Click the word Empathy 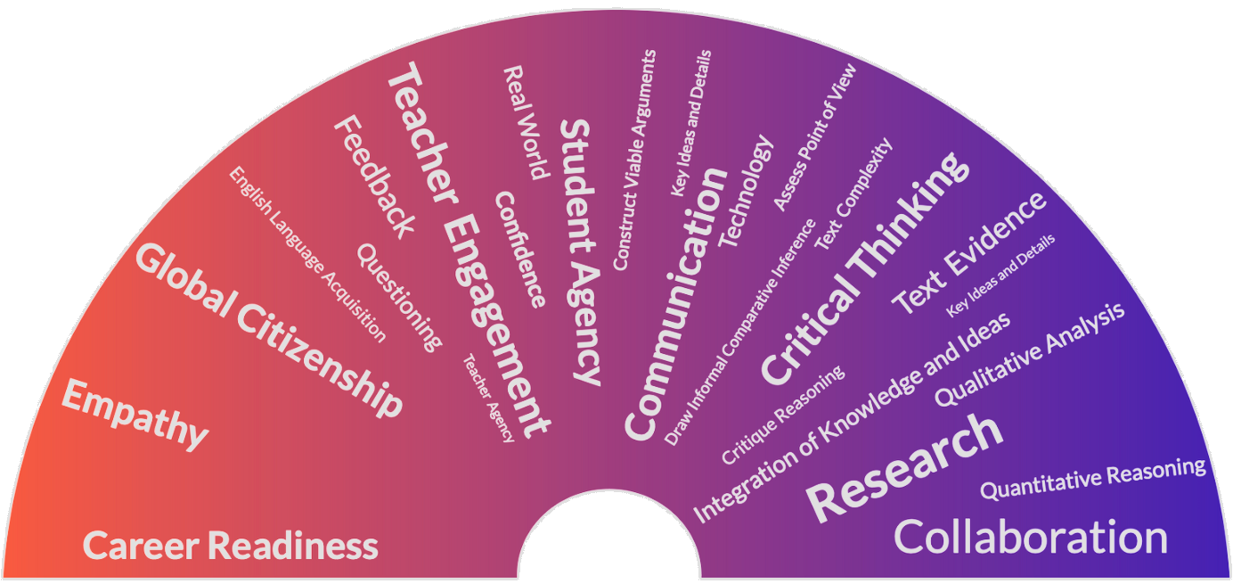[x=134, y=414]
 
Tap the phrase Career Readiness [x=231, y=545]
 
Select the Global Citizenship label [x=268, y=331]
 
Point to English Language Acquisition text [x=307, y=255]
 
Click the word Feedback [x=374, y=178]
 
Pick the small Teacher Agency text [x=488, y=398]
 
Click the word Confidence [x=519, y=250]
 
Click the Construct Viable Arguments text [x=634, y=160]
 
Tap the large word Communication [x=676, y=303]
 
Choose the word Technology [x=747, y=191]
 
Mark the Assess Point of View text [x=814, y=137]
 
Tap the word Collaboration [x=1030, y=538]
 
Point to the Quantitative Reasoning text [x=1093, y=478]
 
